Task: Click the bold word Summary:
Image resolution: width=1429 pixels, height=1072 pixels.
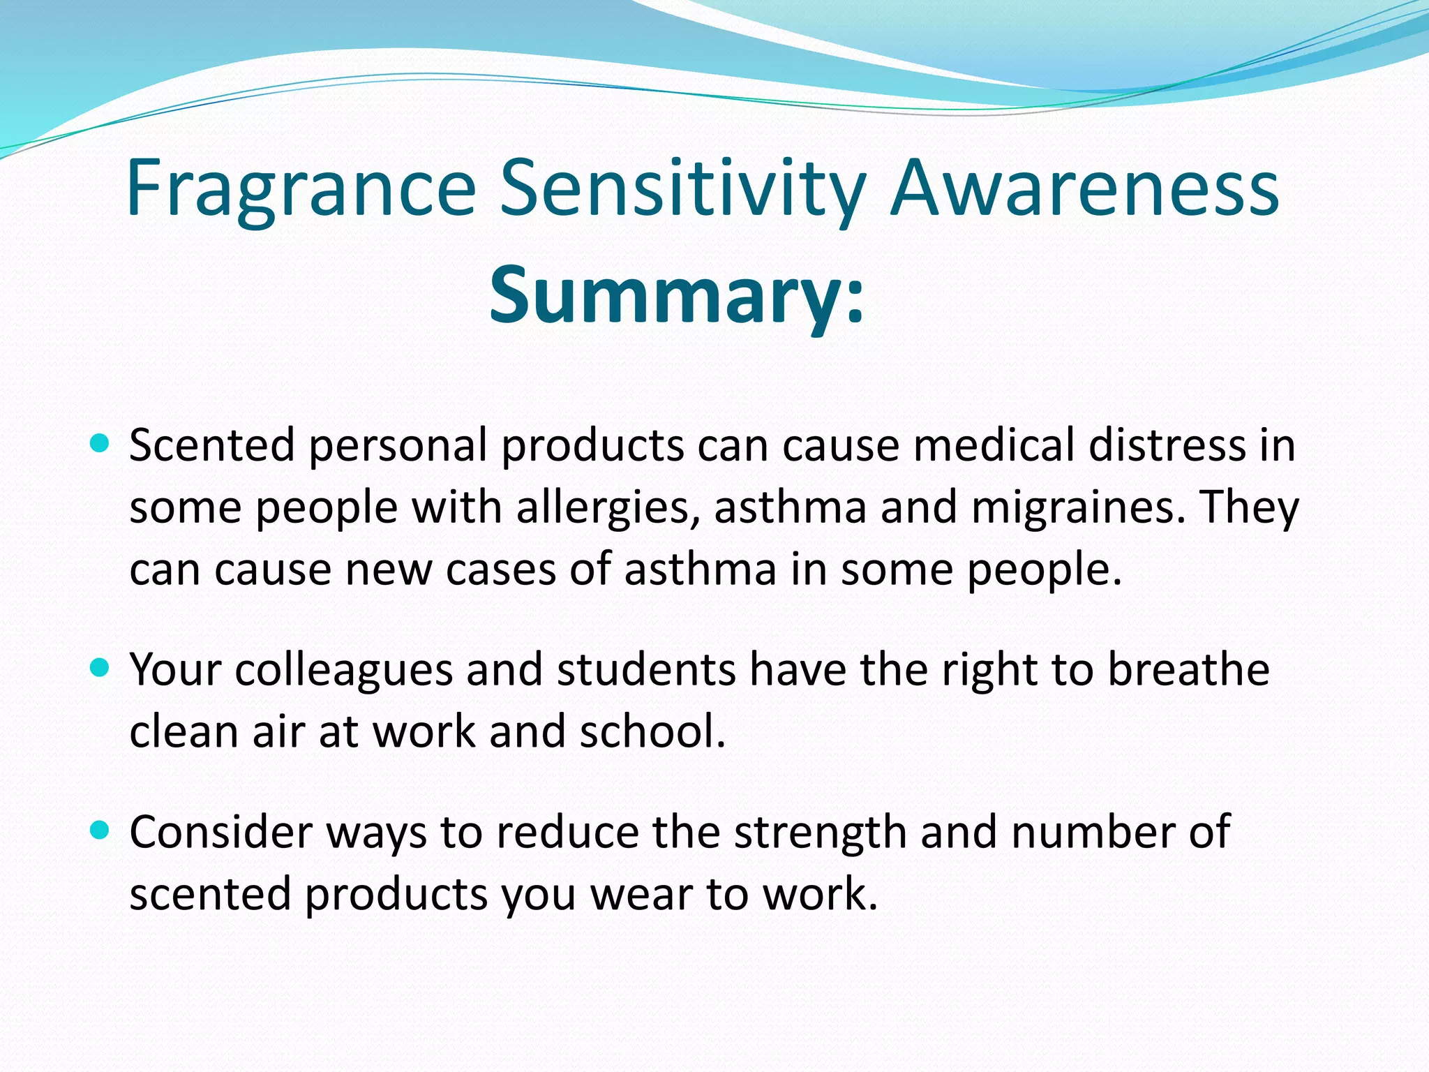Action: click(676, 295)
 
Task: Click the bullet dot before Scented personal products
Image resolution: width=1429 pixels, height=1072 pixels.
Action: click(100, 442)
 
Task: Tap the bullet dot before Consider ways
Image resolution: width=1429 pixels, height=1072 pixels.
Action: click(100, 830)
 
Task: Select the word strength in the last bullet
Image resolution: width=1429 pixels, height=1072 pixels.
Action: click(819, 832)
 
